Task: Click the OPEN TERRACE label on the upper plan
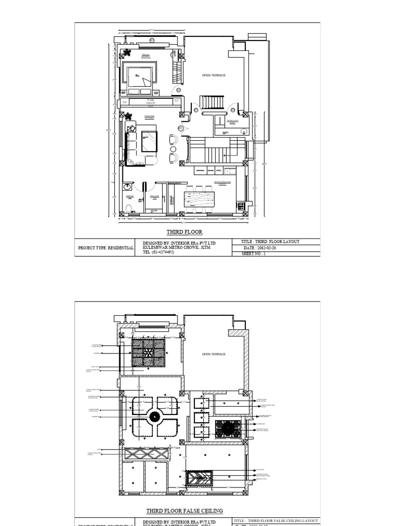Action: pos(213,76)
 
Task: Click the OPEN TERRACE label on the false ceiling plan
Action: pos(213,354)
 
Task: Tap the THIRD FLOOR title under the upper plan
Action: pos(182,232)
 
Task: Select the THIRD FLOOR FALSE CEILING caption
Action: pos(185,511)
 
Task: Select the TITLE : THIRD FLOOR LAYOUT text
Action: pos(270,241)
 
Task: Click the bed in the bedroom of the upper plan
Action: pos(138,80)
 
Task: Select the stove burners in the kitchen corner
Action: pos(241,206)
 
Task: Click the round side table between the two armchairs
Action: pos(172,149)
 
